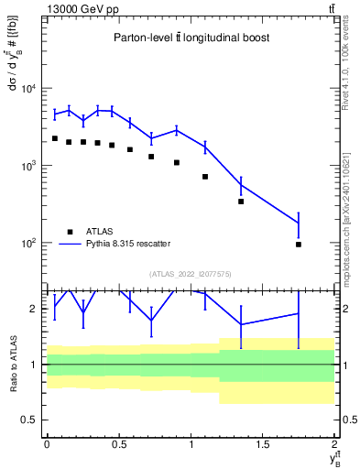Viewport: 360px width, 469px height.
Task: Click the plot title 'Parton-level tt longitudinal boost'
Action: tap(190, 38)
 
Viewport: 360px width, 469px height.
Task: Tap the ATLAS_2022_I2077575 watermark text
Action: tap(190, 273)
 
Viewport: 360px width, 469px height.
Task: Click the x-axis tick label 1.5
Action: tap(262, 444)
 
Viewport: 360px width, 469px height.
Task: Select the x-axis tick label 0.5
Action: tap(118, 444)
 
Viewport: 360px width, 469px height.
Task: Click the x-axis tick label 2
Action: tap(333, 444)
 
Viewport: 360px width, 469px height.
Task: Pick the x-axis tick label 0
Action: tap(47, 444)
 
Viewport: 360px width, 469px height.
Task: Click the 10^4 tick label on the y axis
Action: tap(27, 89)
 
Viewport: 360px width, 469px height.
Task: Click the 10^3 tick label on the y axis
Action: tap(27, 166)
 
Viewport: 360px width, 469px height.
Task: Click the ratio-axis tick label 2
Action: tap(35, 309)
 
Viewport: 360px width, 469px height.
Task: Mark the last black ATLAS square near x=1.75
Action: tap(299, 245)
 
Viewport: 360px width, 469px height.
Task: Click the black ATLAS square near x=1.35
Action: tap(241, 202)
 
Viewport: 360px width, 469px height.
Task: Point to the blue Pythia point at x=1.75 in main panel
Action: tap(299, 223)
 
